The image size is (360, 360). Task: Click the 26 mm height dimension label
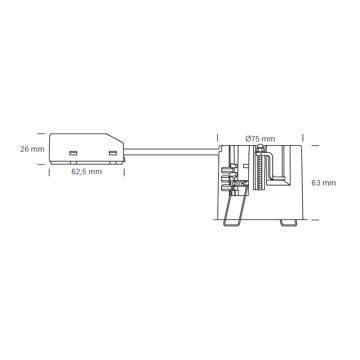point(32,149)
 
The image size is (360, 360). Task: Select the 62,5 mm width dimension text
point(87,172)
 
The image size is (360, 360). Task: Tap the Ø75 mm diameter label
point(260,139)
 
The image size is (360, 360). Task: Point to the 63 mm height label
point(324,183)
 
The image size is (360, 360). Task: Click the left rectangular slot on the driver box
point(73,153)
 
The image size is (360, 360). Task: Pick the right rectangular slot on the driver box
point(113,153)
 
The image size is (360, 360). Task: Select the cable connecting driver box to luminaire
point(171,152)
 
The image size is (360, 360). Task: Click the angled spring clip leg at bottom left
point(235,208)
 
